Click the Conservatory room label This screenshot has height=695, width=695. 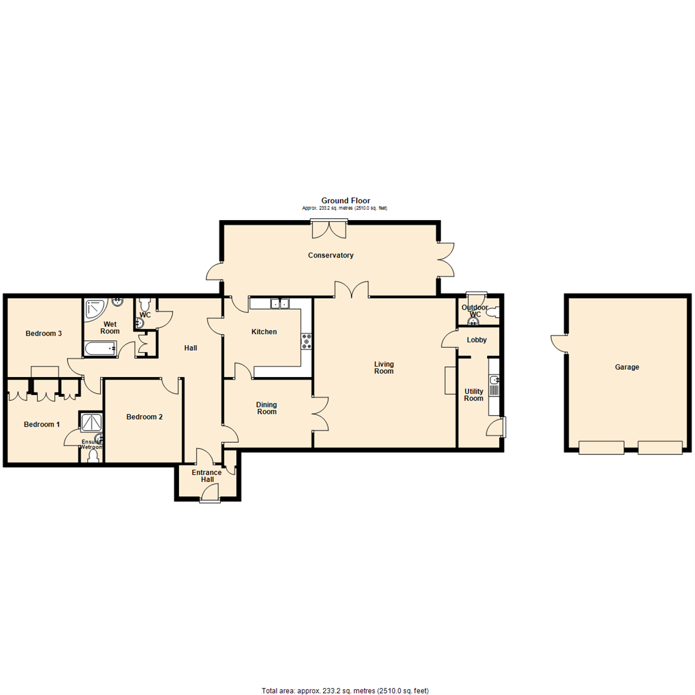[x=331, y=255]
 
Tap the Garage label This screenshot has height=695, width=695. [x=626, y=367]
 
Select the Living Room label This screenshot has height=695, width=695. [x=384, y=368]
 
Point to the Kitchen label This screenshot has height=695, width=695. [x=264, y=332]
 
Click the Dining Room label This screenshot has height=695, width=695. [x=266, y=408]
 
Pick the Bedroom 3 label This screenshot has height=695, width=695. [x=44, y=333]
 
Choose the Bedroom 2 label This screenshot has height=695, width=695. [x=144, y=417]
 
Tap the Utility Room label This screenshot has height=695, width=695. [x=474, y=395]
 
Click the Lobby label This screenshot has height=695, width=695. [x=477, y=340]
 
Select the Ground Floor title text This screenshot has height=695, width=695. [x=346, y=201]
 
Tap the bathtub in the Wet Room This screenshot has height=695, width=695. [x=101, y=349]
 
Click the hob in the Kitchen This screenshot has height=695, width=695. [x=306, y=341]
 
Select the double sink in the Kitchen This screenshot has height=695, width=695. [x=280, y=304]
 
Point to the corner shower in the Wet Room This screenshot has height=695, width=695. [x=95, y=308]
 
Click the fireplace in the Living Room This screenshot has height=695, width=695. [x=450, y=380]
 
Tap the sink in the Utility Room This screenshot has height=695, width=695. [x=494, y=386]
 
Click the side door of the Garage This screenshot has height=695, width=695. [x=559, y=342]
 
